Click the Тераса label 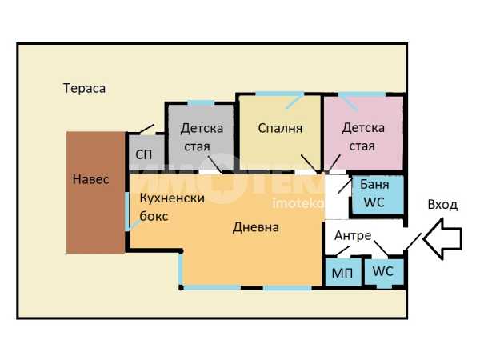pos(84,88)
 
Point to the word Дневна pos(256,227)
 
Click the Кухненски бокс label pos(171,206)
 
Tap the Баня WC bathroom pos(376,194)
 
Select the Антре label pos(352,236)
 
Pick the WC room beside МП pos(383,271)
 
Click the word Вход pos(442,205)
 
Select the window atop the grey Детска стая pos(201,102)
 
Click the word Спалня pos(280,128)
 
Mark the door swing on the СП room pos(146,129)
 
